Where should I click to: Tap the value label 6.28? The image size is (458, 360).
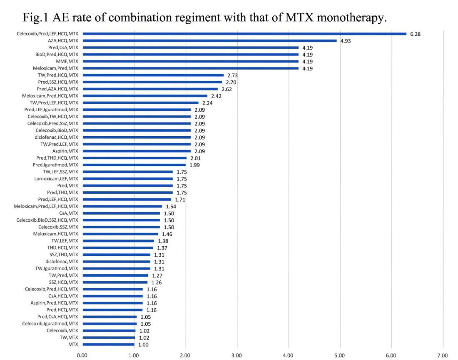415,34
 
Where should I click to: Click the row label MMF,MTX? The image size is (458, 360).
67,61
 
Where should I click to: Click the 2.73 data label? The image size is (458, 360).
233,75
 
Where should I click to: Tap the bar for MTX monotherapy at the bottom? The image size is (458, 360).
108,344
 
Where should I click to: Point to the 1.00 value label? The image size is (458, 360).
143,345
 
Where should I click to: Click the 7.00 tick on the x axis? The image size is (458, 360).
443,355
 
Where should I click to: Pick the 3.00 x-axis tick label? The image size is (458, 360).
237,355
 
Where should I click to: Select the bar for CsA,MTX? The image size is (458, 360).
121,213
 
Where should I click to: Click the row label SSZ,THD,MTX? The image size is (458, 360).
61,255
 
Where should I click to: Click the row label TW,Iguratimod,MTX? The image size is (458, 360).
57,268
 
